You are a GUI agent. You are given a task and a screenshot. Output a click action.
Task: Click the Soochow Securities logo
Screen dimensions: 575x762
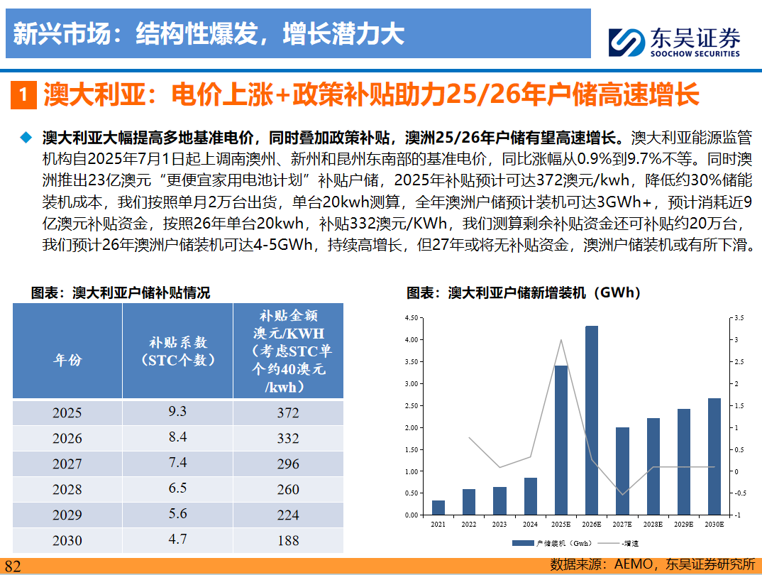674,41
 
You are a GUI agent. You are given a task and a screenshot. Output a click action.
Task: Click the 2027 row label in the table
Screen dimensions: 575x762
67,464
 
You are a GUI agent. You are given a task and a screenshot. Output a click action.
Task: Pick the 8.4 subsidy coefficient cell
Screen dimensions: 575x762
177,437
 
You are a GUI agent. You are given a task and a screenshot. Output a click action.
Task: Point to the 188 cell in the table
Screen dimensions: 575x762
288,541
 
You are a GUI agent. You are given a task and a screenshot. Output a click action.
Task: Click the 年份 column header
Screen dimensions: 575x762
67,359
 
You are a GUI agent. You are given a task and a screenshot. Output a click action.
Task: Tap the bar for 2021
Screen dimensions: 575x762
438,508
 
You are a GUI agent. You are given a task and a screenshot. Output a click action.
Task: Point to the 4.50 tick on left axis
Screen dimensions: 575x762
412,318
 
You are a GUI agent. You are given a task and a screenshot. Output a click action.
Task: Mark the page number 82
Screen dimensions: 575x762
13,566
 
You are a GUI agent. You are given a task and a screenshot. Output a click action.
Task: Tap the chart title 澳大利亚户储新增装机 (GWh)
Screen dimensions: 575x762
523,292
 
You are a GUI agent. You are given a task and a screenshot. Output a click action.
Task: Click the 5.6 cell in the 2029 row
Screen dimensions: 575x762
177,514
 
